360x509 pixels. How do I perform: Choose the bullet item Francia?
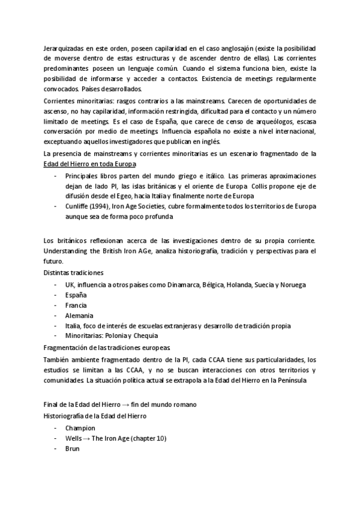click(76, 306)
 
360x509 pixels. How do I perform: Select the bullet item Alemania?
click(79, 315)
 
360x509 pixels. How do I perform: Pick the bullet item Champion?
click(80, 428)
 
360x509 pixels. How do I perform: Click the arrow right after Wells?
click(87, 438)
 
